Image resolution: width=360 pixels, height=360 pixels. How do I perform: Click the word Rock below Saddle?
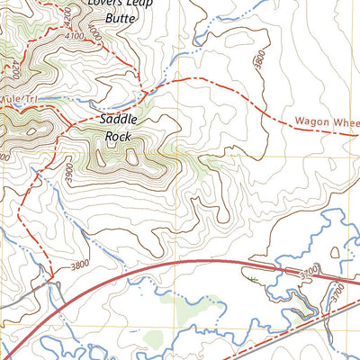(118, 136)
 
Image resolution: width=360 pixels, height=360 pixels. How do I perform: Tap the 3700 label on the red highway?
(285, 270)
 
